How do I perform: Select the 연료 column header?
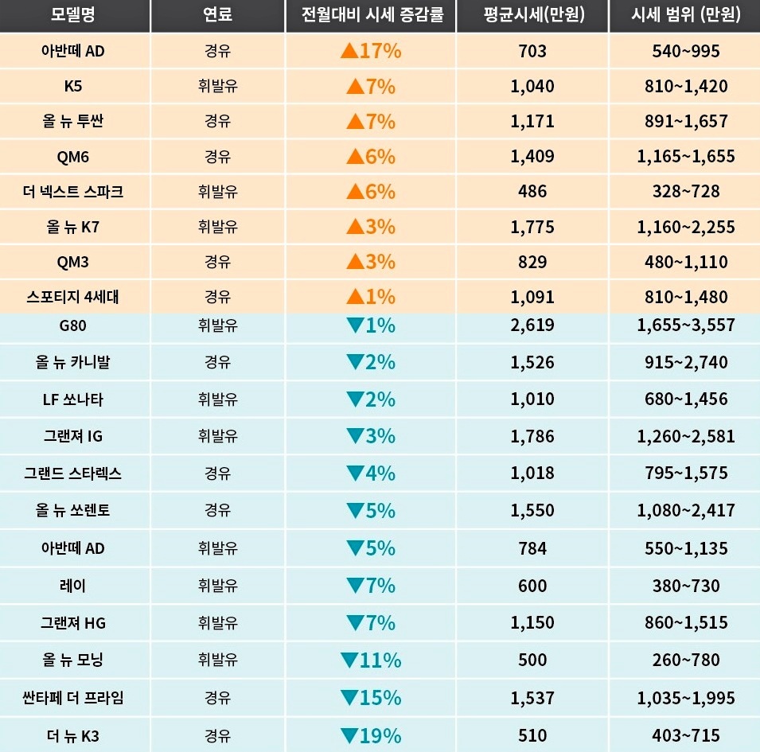tap(217, 16)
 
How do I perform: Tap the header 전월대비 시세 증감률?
tap(371, 16)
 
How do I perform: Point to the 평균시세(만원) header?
tap(532, 16)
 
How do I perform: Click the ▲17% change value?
tap(371, 52)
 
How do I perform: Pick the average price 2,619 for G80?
tap(532, 325)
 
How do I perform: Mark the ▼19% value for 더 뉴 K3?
tap(371, 736)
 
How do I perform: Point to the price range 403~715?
tap(685, 736)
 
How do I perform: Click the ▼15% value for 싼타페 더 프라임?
tap(371, 698)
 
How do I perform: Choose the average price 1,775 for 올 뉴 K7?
tap(532, 227)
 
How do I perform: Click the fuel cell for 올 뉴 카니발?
tap(217, 362)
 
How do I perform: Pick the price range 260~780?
tap(685, 660)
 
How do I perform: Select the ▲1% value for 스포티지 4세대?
tap(371, 297)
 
